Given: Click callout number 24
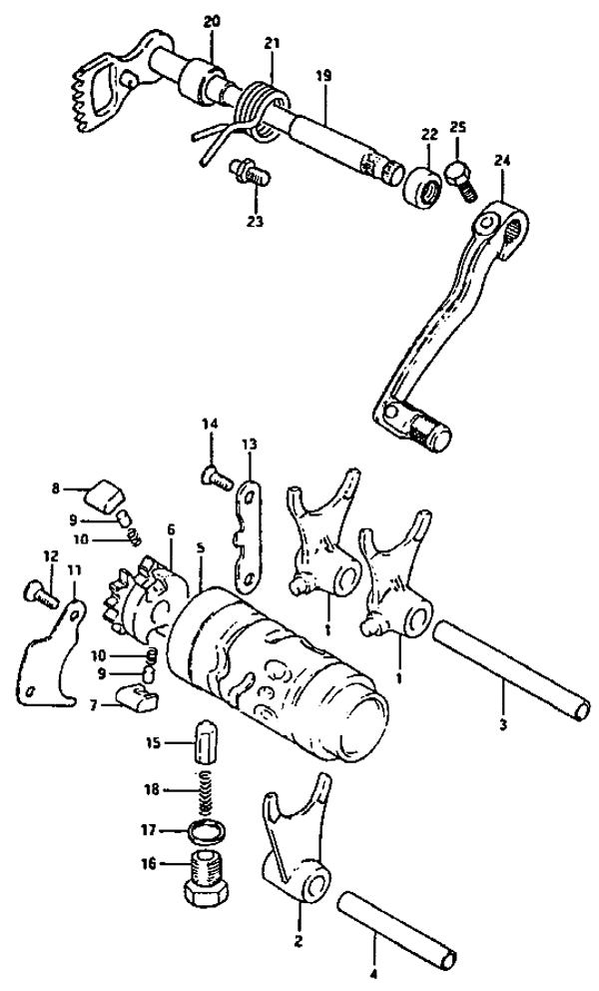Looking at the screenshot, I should (x=501, y=159).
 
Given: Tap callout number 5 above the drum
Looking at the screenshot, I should (x=201, y=547).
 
